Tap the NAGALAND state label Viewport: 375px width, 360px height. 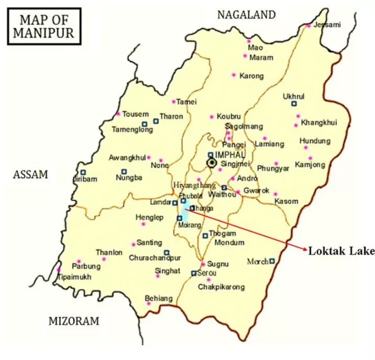point(247,15)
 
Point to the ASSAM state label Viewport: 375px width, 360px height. point(30,175)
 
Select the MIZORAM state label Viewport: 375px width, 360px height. point(73,320)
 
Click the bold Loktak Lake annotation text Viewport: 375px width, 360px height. point(341,250)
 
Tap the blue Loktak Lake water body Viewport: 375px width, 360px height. point(184,213)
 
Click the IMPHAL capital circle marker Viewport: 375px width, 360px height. point(212,163)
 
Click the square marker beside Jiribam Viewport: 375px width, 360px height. point(83,172)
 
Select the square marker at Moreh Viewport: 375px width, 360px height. point(272,260)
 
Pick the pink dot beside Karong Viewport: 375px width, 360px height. point(234,75)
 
